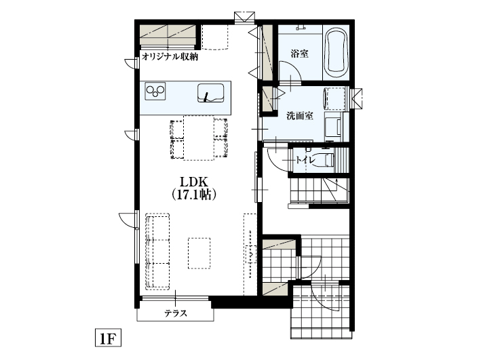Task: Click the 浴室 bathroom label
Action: tap(299, 53)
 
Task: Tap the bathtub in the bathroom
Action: tap(336, 53)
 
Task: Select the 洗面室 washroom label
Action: tap(299, 116)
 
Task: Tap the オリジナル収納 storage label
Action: tap(170, 56)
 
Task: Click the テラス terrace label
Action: tap(175, 313)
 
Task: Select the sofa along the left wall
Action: tap(158, 251)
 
